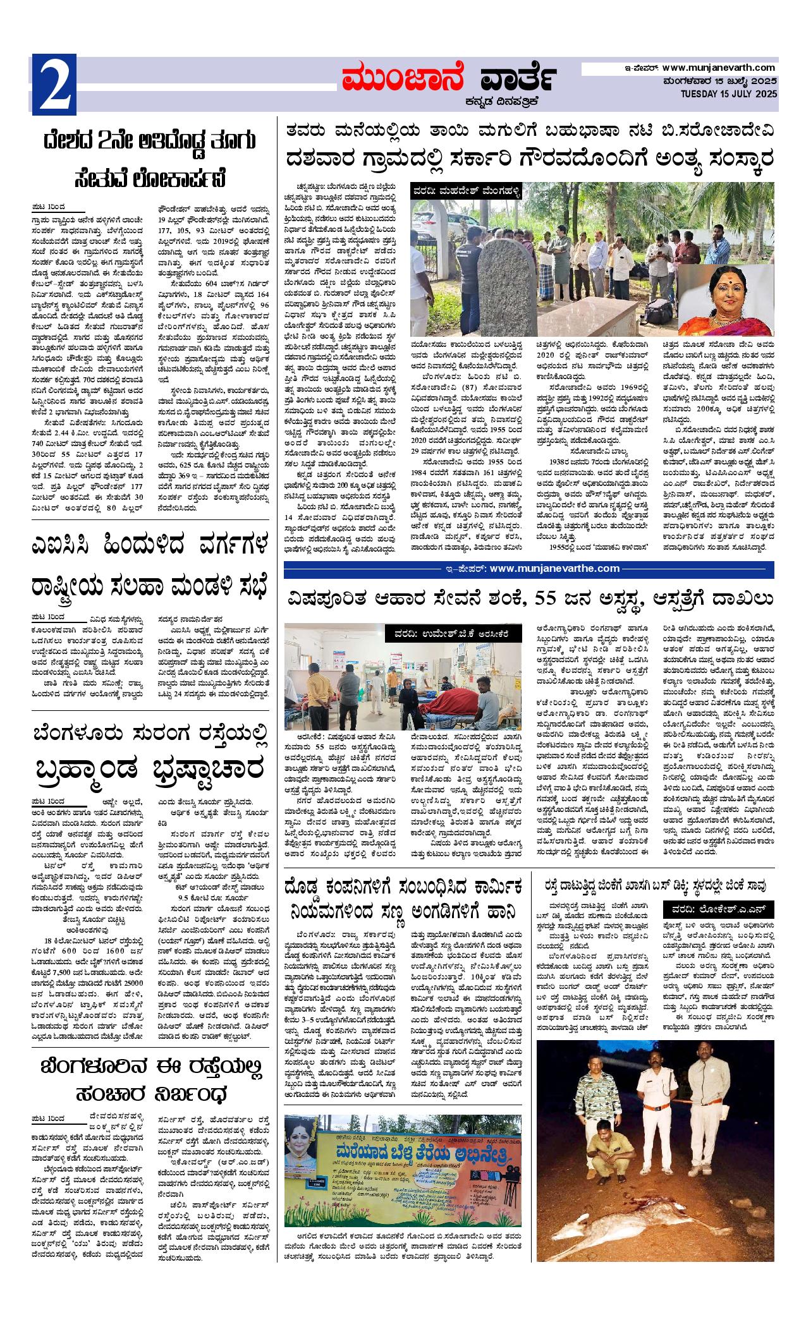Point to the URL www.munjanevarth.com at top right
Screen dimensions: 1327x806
[x=719, y=68]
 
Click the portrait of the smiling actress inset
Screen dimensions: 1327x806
[x=726, y=296]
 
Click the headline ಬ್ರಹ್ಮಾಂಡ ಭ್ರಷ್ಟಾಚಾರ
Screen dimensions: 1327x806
[x=150, y=770]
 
